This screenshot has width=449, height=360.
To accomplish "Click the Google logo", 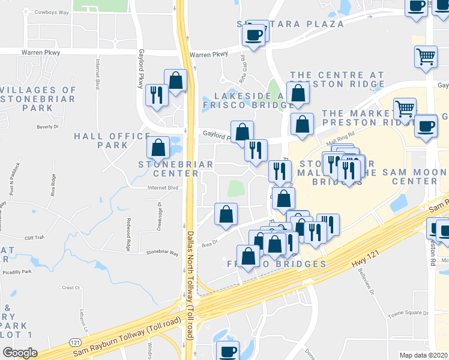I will pyautogui.click(x=20, y=352).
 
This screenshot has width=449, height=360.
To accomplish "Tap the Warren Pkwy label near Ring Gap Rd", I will pyautogui.click(x=209, y=55).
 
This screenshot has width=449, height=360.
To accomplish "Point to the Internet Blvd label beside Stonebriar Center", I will pyautogui.click(x=163, y=188).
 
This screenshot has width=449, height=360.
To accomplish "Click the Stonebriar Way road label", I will pyautogui.click(x=163, y=253).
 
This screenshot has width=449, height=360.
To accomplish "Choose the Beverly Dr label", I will pyautogui.click(x=49, y=127).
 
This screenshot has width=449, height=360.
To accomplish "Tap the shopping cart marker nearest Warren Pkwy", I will pyautogui.click(x=426, y=57).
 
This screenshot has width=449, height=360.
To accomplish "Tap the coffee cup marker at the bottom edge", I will pyautogui.click(x=227, y=351).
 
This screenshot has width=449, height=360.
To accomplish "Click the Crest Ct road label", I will pyautogui.click(x=71, y=288).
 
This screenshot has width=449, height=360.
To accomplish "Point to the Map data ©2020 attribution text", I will pyautogui.click(x=423, y=355).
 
